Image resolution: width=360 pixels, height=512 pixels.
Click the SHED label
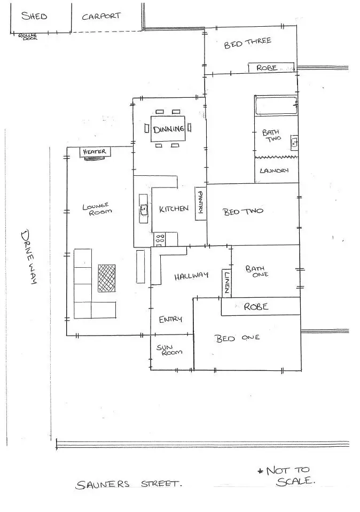coord(34,15)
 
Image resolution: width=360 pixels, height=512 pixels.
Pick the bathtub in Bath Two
coord(276,105)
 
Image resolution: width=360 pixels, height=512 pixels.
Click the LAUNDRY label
coord(274,170)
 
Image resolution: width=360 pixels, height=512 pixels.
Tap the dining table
coord(168,129)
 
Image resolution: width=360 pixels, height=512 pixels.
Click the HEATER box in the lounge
coord(95,152)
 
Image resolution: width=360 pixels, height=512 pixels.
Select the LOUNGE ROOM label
coord(97,208)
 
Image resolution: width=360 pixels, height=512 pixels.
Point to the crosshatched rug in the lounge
coord(107,278)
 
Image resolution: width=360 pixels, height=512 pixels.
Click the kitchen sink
coord(143,208)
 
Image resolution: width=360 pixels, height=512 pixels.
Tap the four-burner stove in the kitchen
coord(159,239)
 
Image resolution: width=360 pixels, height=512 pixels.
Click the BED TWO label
coord(243,211)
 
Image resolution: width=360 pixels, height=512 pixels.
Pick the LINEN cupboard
coord(227,283)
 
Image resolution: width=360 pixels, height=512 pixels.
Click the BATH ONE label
coord(257,271)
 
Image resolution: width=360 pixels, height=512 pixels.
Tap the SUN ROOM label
coord(169,350)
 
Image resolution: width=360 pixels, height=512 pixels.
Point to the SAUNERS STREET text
coord(128,485)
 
